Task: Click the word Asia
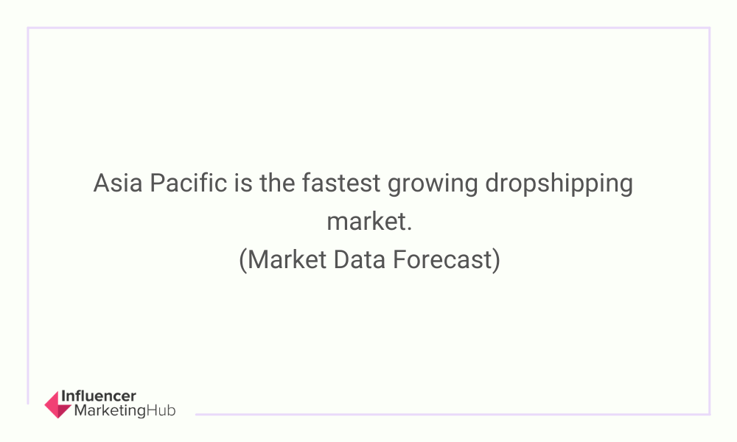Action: coord(117,183)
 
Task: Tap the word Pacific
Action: coord(188,183)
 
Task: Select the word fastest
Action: coord(340,183)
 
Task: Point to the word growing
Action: coord(433,185)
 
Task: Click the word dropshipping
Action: coord(559,185)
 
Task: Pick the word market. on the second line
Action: coord(369,221)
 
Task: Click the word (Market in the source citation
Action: coord(282,260)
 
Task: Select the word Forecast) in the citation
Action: coord(447,260)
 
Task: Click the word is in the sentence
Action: coord(243,183)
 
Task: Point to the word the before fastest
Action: coord(277,183)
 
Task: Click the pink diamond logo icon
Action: coord(57,404)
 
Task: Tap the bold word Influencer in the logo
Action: coord(99,396)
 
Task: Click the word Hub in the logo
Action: coord(161,410)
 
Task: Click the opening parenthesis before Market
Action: coord(242,260)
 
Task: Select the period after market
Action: coord(409,230)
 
